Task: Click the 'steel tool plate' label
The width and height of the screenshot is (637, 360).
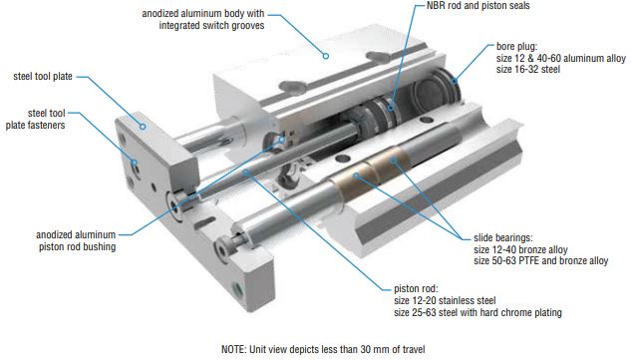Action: pyautogui.click(x=43, y=77)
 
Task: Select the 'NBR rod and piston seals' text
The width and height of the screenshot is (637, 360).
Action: pyautogui.click(x=478, y=6)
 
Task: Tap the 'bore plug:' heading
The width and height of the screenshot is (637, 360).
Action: pyautogui.click(x=516, y=47)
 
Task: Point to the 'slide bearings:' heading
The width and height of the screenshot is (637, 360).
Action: pyautogui.click(x=503, y=237)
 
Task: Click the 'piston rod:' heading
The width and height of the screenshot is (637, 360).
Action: pyautogui.click(x=416, y=289)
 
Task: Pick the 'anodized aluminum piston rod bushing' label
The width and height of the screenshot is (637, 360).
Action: pyautogui.click(x=76, y=240)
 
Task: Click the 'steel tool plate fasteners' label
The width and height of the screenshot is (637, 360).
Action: pyautogui.click(x=35, y=119)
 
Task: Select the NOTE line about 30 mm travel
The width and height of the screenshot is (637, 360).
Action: pyautogui.click(x=323, y=349)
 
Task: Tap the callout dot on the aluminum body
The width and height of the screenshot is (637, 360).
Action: pyautogui.click(x=325, y=56)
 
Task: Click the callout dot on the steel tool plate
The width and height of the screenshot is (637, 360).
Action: pyautogui.click(x=143, y=127)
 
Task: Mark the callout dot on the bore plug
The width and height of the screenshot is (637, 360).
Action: pyautogui.click(x=455, y=81)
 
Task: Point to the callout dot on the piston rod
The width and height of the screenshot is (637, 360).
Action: pyautogui.click(x=246, y=173)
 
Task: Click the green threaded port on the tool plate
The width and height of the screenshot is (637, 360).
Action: pyautogui.click(x=237, y=289)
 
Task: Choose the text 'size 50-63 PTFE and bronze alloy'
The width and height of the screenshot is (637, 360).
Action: pyautogui.click(x=540, y=260)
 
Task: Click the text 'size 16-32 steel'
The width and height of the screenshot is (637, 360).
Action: pyautogui.click(x=527, y=69)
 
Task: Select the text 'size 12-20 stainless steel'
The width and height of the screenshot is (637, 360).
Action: pyautogui.click(x=445, y=301)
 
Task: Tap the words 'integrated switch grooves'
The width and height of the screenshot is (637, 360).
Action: pyautogui.click(x=211, y=25)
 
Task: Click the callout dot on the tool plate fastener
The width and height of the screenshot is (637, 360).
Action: pyautogui.click(x=134, y=163)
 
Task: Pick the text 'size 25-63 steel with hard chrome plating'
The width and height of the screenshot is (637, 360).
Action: pyautogui.click(x=478, y=312)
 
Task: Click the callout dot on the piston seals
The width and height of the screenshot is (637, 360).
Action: pyautogui.click(x=391, y=108)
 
